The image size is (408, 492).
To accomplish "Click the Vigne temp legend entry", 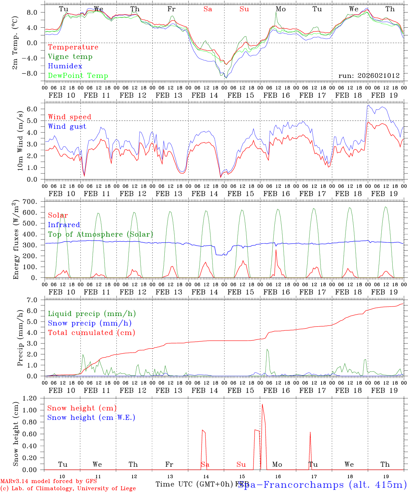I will [x=70, y=57].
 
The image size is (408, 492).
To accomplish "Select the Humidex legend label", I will [x=65, y=66].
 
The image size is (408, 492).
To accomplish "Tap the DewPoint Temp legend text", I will [x=78, y=76].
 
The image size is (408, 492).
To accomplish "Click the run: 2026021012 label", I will [x=369, y=76].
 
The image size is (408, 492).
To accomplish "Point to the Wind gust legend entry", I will [x=67, y=126].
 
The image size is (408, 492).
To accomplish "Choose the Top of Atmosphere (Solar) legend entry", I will [x=100, y=234].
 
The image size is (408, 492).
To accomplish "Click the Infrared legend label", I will [x=64, y=225].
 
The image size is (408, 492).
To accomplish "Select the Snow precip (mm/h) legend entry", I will [x=90, y=323].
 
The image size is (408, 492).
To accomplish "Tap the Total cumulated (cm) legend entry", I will [x=91, y=333].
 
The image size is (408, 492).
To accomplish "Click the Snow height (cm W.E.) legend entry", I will [x=91, y=418].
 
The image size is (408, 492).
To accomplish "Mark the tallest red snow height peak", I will [x=262, y=405].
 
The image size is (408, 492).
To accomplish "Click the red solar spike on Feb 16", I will [x=276, y=250].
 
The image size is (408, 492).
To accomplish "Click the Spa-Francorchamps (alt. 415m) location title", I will [x=322, y=484].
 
